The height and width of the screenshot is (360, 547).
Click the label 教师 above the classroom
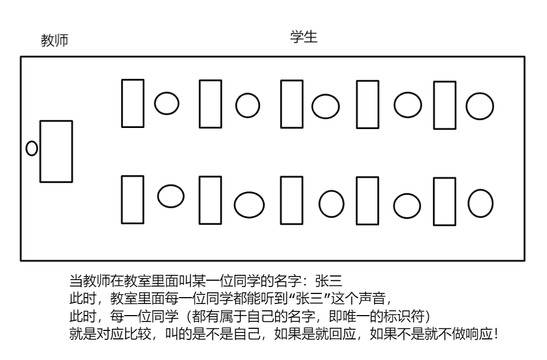pos(54,41)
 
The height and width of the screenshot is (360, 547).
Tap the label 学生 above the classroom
pos(304,37)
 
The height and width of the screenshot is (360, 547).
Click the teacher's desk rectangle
pos(56,151)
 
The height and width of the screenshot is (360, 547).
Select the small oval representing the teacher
pos(32,149)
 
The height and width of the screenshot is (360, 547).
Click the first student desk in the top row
pos(133,103)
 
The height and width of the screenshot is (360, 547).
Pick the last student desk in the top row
pos(444,105)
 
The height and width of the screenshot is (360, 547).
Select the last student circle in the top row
pos(479,106)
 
